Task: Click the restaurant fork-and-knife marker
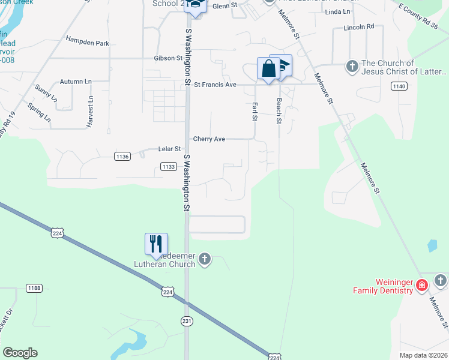[x=156, y=244]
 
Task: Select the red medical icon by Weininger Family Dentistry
[x=422, y=284]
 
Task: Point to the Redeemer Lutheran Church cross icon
[x=205, y=259]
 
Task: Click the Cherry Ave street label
[x=209, y=139]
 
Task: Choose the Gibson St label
[x=168, y=58]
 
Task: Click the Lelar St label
[x=169, y=149]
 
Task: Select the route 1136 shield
[x=122, y=157]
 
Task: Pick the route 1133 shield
[x=169, y=167]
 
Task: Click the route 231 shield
[x=187, y=321]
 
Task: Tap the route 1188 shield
[x=34, y=289]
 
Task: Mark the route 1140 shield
[x=399, y=86]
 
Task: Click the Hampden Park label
[x=88, y=43]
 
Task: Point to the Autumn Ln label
[x=76, y=81]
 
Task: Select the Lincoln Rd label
[x=359, y=27]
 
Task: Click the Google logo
[x=20, y=353]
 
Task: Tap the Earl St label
[x=255, y=111]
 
